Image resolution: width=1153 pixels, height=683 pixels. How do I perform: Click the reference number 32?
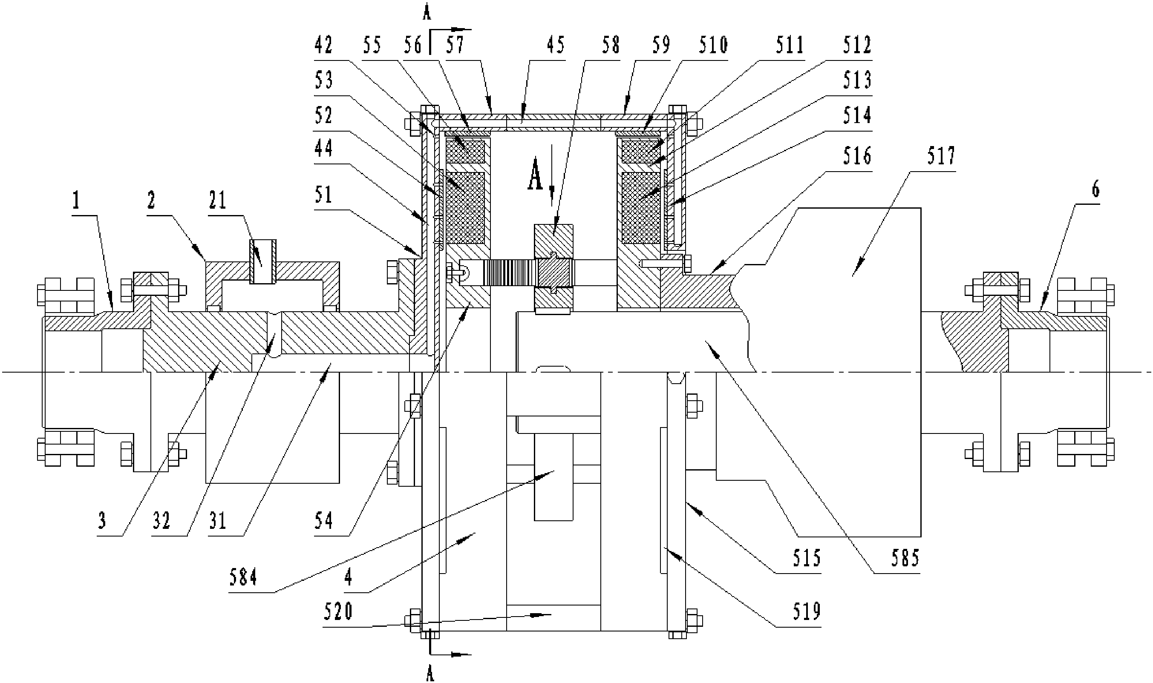(x=161, y=522)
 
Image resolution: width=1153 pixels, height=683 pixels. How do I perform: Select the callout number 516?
(x=857, y=156)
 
